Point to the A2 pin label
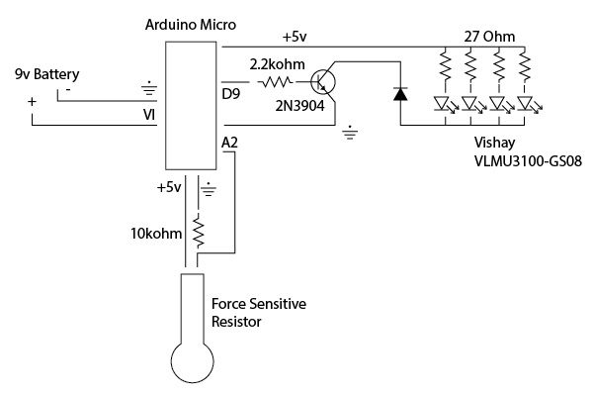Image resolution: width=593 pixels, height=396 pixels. (x=230, y=145)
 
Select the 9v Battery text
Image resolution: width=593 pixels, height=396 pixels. (x=46, y=75)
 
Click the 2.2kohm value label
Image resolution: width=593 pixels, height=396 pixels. (x=276, y=64)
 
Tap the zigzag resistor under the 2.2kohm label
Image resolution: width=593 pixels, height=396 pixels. (x=276, y=84)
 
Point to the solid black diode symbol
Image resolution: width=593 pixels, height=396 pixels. (x=399, y=94)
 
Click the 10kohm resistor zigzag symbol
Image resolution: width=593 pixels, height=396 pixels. (x=199, y=233)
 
